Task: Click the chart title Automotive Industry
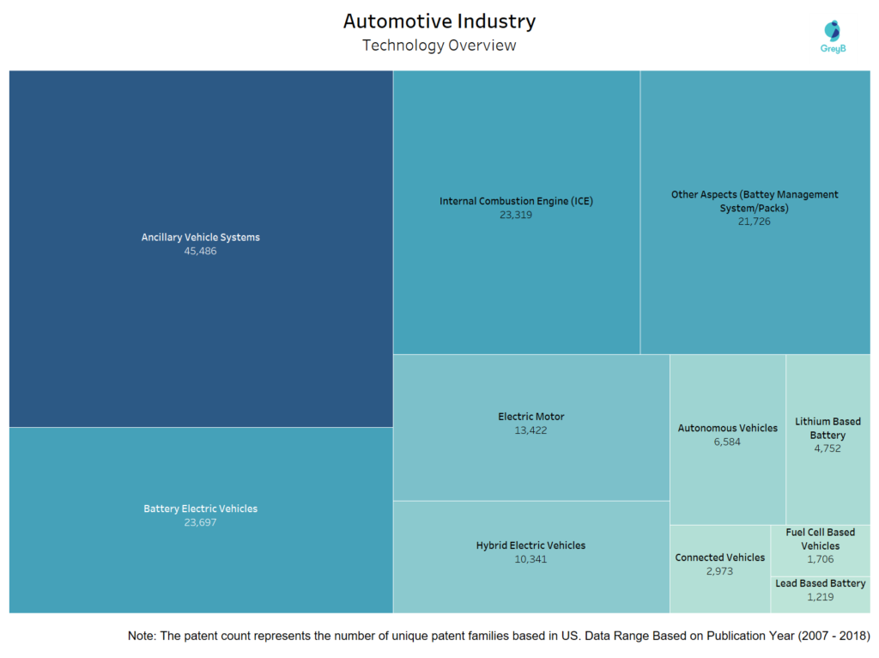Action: (x=439, y=21)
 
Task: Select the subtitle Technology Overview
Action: (x=439, y=46)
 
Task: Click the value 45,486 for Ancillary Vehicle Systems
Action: (x=200, y=252)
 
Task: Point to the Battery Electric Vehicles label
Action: (x=200, y=509)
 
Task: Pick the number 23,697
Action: (x=200, y=522)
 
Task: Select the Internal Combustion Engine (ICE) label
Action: (x=516, y=201)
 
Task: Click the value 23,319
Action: (x=516, y=215)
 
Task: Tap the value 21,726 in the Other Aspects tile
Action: (x=755, y=222)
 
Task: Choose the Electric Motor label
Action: (x=531, y=417)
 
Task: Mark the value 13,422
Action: (x=531, y=430)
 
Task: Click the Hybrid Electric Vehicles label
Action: (x=530, y=545)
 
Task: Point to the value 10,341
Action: (x=530, y=559)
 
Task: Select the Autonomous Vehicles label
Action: (x=727, y=428)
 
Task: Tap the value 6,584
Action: (x=727, y=442)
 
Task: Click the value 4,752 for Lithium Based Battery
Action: (x=827, y=448)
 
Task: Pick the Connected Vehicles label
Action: (x=719, y=557)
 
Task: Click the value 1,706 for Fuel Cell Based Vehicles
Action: (x=820, y=559)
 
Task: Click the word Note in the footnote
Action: (x=142, y=636)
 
